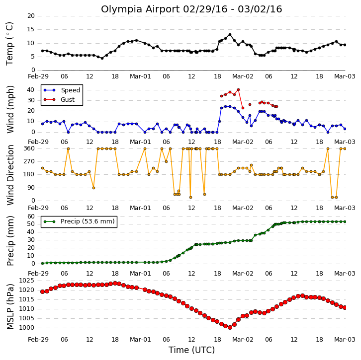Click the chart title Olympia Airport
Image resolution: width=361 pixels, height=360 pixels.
coord(141,9)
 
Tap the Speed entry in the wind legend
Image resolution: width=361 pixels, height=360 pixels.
coord(62,90)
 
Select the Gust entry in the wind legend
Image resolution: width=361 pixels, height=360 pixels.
coord(59,99)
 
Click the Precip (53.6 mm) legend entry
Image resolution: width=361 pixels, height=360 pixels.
coord(79,221)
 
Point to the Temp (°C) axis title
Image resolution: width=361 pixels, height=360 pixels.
coord(9,44)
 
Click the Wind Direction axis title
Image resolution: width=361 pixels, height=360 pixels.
coord(10,175)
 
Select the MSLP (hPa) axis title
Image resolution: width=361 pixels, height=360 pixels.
coord(10,306)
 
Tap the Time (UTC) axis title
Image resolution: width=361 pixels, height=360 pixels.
coord(191,350)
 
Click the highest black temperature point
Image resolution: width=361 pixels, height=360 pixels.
coord(230,35)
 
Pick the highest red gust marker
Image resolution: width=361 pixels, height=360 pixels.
coord(238,90)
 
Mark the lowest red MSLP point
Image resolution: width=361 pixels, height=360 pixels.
coord(230,327)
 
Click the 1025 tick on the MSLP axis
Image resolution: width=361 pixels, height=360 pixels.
coord(26,281)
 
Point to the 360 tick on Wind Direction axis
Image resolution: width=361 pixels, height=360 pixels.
coord(29,148)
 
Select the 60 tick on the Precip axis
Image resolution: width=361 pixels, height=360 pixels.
coord(31,216)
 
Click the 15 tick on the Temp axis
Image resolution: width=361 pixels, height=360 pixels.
coord(31,29)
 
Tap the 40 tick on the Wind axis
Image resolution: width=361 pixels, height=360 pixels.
coord(31,90)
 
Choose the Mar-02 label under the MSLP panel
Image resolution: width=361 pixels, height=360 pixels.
coord(243,340)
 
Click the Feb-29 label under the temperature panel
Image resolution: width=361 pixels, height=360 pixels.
coord(38,76)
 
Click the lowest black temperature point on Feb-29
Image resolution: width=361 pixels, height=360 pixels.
coord(102,59)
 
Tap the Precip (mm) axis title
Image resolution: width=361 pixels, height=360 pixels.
coord(10,241)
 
